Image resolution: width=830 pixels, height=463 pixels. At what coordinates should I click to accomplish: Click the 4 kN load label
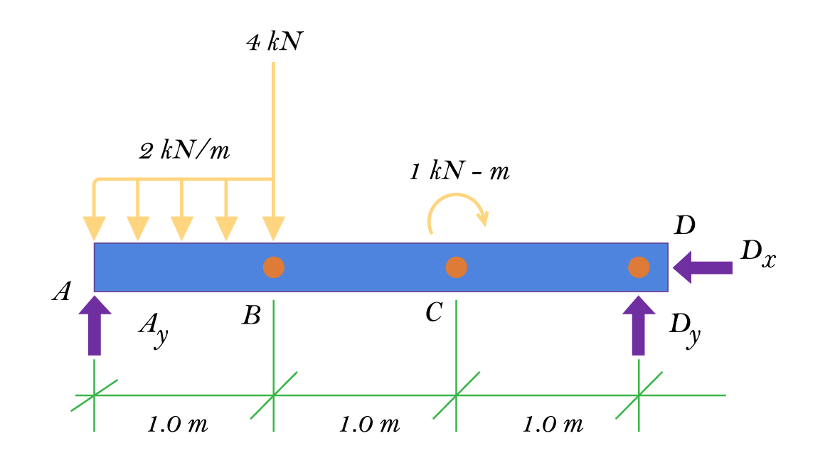point(274,43)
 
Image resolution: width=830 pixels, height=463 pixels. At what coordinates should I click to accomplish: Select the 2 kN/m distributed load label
point(184,151)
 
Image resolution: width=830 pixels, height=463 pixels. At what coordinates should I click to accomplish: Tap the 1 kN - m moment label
point(459,172)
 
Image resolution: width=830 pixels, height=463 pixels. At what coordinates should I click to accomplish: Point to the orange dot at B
point(274,267)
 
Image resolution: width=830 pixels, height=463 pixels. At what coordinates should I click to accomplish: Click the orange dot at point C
point(457,267)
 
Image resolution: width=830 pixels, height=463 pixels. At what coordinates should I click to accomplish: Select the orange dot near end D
point(639,267)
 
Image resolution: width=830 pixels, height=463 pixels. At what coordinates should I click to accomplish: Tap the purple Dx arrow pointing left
point(703,267)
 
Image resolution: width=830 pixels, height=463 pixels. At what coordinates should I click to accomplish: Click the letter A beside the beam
point(63,292)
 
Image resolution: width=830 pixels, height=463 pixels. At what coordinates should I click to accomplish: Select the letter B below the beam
point(251,314)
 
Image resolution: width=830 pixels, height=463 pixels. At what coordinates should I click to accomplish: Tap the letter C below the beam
point(435,312)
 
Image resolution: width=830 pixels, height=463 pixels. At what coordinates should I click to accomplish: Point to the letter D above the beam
point(684,226)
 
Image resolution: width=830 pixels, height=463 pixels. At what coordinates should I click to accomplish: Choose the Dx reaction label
point(757,255)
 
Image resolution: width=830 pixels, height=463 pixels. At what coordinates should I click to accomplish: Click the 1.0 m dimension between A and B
point(178,425)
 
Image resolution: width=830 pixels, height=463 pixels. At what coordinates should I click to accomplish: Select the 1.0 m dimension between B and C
point(370,425)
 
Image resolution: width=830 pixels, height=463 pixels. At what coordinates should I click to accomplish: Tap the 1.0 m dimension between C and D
point(553,425)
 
